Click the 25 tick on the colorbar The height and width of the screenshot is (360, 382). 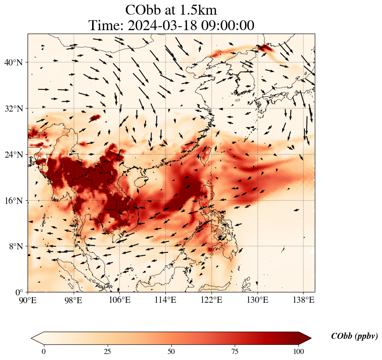[x=107, y=351]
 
